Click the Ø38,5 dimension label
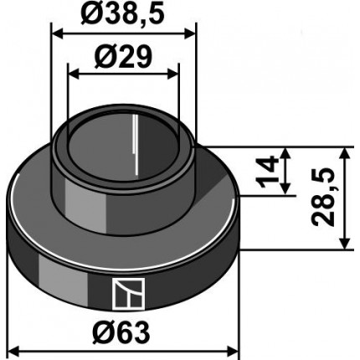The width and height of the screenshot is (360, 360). tap(122, 13)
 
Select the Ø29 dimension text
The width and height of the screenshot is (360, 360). tap(123, 58)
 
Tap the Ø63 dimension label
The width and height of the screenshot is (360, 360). tap(121, 332)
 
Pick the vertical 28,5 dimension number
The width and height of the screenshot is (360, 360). tap(324, 198)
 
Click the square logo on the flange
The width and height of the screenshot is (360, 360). tap(129, 294)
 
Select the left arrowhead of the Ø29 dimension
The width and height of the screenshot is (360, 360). tap(73, 75)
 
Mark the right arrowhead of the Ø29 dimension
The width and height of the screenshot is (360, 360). tap(172, 75)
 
